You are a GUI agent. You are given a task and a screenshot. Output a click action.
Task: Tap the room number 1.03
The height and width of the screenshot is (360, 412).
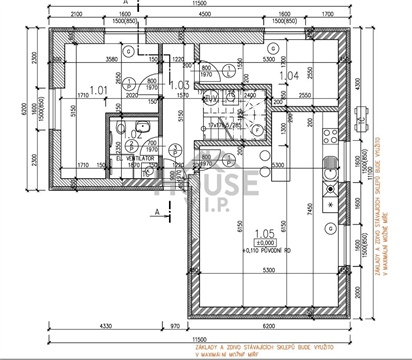coord(180,86)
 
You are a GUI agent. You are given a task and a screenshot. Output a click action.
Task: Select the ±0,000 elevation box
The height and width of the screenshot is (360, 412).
coord(266,241)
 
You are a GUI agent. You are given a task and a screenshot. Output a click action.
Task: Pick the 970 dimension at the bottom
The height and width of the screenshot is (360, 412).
coord(174,326)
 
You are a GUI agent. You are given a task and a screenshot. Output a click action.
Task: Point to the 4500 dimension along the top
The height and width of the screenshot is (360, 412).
coord(203,15)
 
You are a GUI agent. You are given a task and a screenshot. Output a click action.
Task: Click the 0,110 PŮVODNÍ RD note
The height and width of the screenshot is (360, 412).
coord(266,250)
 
